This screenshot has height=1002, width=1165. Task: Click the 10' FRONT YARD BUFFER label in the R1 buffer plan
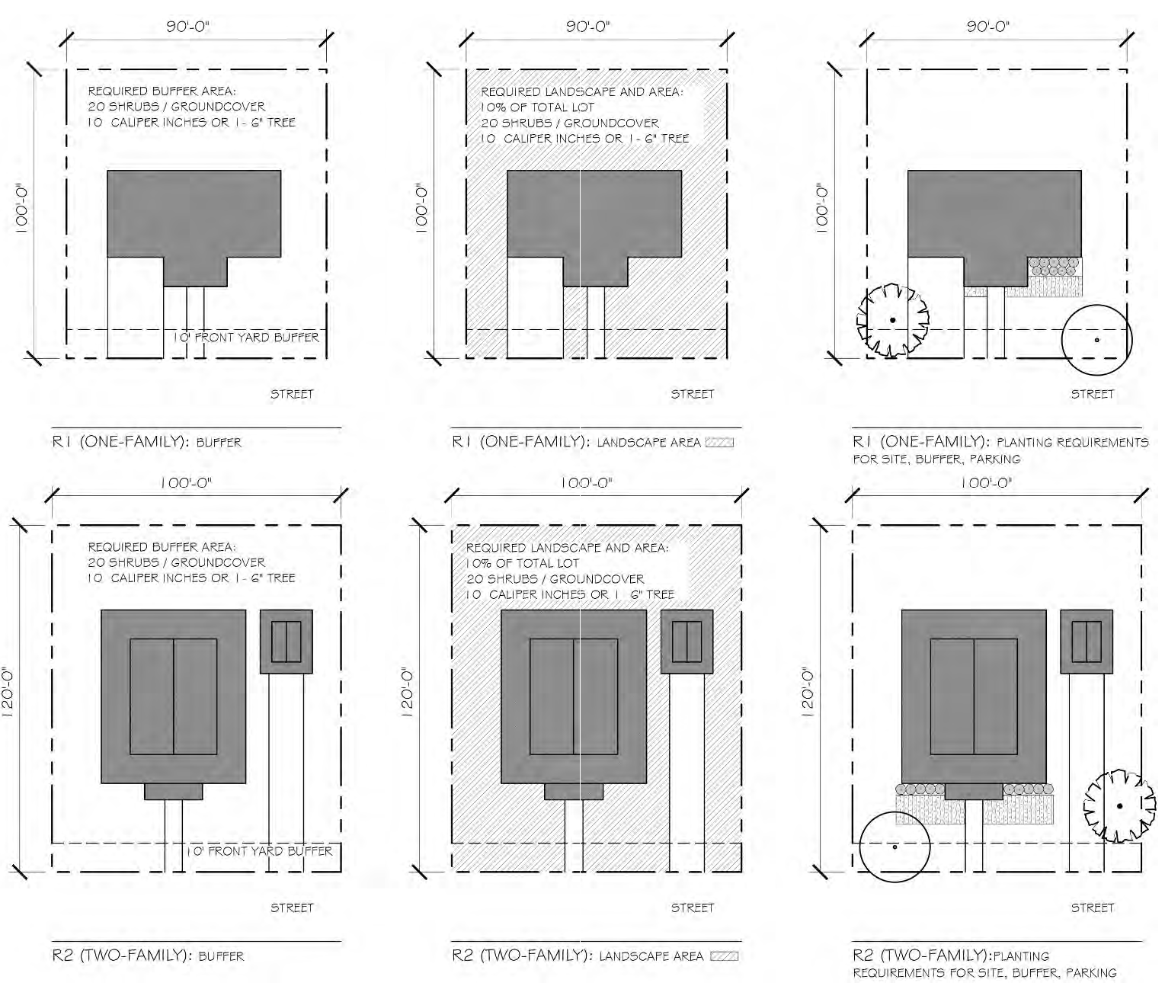tap(245, 337)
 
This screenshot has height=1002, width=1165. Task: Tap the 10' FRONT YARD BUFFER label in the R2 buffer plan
tap(259, 851)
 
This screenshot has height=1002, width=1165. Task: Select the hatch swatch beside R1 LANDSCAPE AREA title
tap(719, 442)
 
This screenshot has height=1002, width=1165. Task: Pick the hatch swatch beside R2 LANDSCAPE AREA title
tap(724, 956)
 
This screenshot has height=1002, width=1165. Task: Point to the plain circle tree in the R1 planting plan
tap(1096, 340)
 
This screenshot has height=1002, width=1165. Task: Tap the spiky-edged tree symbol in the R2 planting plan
tap(1119, 806)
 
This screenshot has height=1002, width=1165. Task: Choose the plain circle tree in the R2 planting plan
tap(895, 847)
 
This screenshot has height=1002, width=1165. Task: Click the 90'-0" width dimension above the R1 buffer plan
tap(188, 27)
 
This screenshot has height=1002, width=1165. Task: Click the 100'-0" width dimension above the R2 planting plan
tap(987, 483)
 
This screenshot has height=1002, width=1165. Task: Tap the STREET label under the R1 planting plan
tap(1092, 394)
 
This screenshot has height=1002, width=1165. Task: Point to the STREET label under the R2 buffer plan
tap(292, 908)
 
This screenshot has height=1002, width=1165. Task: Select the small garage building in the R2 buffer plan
tap(286, 641)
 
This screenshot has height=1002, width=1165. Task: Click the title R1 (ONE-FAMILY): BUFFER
tap(146, 442)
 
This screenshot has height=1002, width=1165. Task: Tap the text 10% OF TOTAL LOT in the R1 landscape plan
tap(537, 107)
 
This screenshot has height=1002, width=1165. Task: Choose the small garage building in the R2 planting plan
tap(1087, 641)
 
